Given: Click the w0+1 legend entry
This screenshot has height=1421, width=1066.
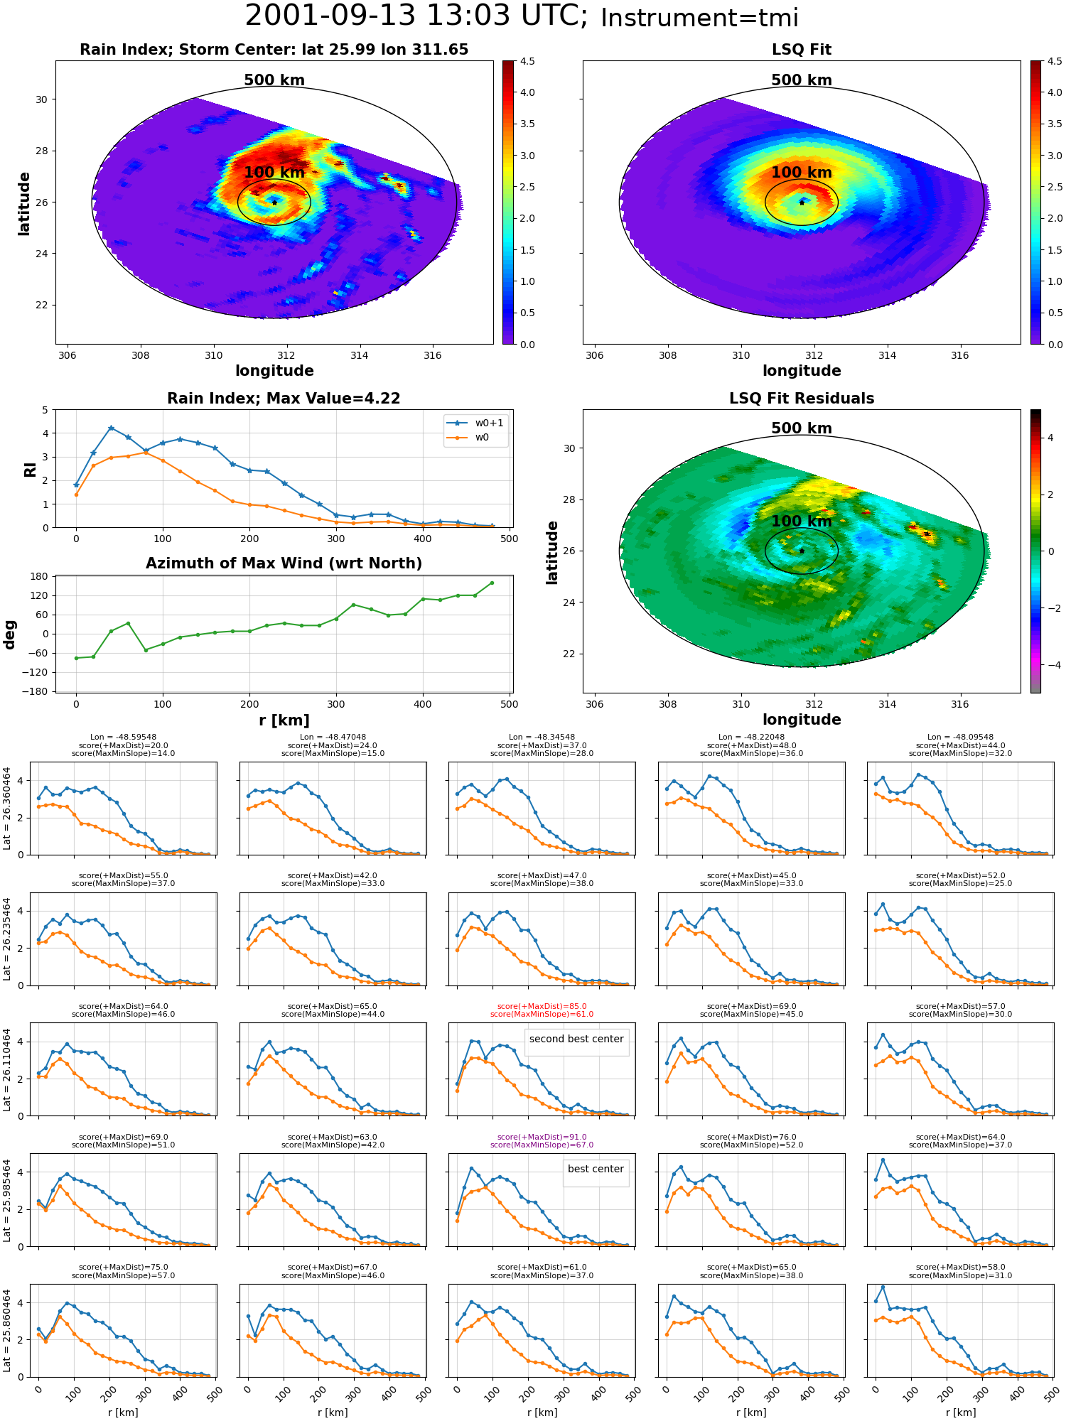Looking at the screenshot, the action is click(x=475, y=423).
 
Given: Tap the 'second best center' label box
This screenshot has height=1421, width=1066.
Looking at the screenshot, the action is click(x=576, y=1039).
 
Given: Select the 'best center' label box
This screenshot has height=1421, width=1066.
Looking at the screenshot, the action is click(x=596, y=1169).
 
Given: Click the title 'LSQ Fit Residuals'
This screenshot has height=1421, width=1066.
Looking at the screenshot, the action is click(x=802, y=399).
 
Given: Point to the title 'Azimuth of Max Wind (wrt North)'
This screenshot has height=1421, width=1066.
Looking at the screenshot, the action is click(x=284, y=563).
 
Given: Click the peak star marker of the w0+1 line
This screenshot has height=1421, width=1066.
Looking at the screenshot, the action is click(x=111, y=428).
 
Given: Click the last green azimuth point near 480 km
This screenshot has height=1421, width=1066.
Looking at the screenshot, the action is click(x=492, y=583).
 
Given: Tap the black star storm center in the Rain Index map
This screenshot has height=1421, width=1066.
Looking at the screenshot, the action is click(x=274, y=202).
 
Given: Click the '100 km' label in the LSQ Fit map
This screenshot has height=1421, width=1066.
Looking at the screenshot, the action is click(x=802, y=173).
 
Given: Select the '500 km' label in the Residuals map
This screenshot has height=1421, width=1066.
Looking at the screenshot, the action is click(x=802, y=428).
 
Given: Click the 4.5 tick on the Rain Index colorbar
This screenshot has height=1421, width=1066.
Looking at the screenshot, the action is click(x=527, y=61).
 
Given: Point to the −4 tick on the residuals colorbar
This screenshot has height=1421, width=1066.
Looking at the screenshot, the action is click(x=1050, y=665).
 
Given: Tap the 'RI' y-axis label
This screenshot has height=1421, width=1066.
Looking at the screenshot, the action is click(x=31, y=469).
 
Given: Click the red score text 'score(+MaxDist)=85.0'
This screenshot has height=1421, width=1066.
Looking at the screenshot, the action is click(x=542, y=1006).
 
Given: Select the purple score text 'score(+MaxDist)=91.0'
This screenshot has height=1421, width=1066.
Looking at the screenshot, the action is click(x=542, y=1137).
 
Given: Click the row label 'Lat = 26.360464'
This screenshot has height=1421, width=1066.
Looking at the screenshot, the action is click(x=7, y=808).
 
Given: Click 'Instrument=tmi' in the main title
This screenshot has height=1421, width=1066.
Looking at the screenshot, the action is click(x=699, y=18).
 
